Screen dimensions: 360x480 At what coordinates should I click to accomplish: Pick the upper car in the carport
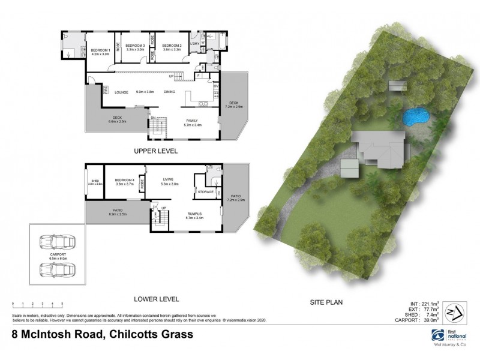click(55, 244)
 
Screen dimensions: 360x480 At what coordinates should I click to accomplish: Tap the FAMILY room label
click(192, 121)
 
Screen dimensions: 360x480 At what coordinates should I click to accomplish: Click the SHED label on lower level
click(95, 180)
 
